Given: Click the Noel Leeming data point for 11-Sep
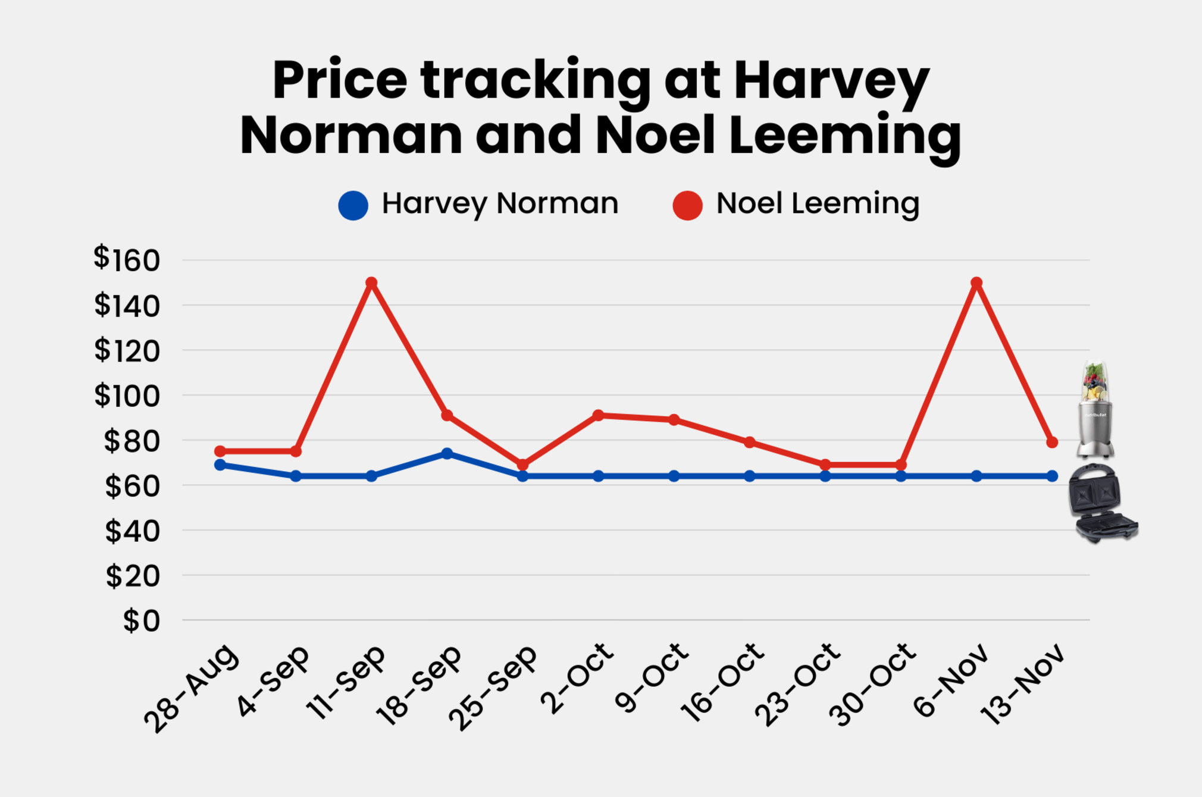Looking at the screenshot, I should coord(371,283).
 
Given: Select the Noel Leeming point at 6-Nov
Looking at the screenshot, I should coord(976,283).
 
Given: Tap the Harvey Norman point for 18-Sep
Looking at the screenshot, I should coord(447,453).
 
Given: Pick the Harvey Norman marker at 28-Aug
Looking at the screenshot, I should coord(220,465).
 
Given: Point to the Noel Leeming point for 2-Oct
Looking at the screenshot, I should coord(598,415).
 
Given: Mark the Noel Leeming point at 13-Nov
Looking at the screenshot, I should coord(1052,442).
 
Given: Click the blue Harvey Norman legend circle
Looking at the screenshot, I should coord(353,205).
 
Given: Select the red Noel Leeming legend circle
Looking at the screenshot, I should coord(687,205).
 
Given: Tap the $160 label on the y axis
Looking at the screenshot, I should coord(127,259).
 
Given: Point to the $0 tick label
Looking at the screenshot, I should coord(142,621).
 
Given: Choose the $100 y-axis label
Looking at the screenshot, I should coord(127,396).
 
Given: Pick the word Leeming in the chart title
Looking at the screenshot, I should coord(844,136).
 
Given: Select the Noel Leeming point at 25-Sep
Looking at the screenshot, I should coord(522,465).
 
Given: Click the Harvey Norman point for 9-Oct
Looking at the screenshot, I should coord(674,476).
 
